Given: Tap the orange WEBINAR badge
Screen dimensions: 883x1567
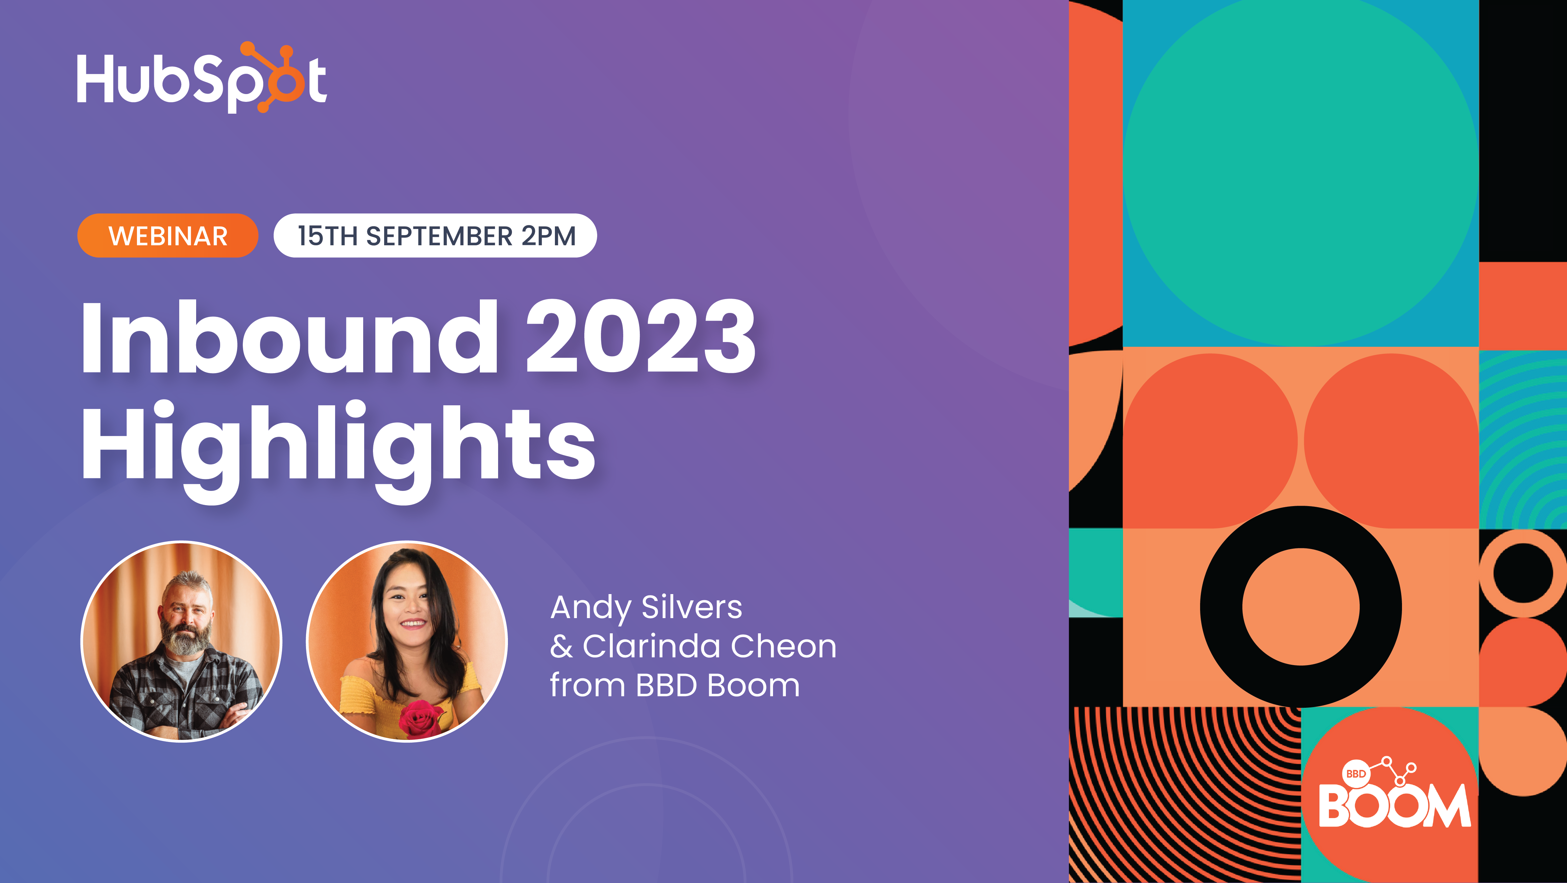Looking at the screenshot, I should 168,235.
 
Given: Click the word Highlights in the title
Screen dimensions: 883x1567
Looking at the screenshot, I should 338,444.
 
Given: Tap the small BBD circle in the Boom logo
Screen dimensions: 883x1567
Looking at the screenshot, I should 1356,773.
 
